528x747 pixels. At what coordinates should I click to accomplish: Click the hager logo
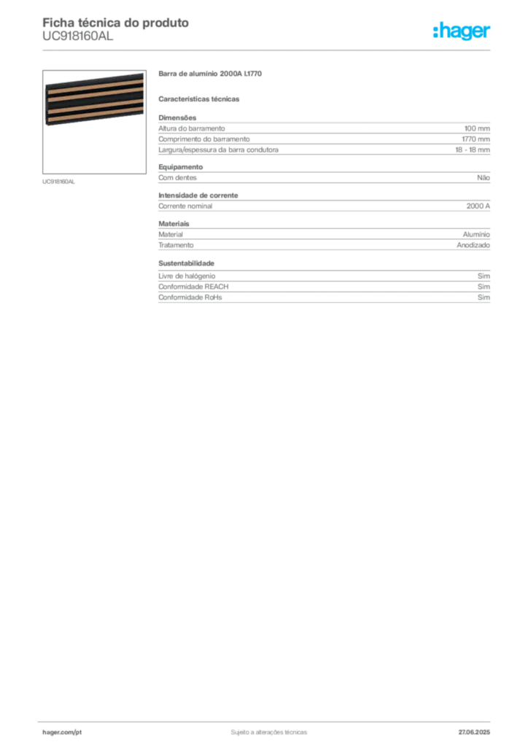462,31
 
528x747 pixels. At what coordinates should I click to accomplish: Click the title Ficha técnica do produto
116,23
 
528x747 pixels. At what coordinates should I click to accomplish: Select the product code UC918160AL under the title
77,36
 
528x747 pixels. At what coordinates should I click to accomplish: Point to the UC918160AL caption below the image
58,182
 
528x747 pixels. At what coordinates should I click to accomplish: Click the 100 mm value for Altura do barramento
477,128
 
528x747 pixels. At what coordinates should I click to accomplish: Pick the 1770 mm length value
475,139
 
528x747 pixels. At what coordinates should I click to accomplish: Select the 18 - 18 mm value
473,150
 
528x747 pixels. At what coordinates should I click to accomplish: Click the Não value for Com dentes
484,178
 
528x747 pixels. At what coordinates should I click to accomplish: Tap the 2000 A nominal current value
478,206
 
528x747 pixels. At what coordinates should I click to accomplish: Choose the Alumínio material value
476,234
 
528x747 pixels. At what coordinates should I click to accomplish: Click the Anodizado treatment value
473,245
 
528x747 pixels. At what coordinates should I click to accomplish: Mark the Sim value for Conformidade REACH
484,287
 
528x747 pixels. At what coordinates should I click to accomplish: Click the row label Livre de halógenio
187,276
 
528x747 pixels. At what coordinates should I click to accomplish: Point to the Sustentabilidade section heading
186,263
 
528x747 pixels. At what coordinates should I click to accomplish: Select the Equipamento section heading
180,167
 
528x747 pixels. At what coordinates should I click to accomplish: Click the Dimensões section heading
177,117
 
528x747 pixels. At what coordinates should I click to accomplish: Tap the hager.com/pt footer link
62,732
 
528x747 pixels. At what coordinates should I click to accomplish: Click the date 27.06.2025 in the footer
474,732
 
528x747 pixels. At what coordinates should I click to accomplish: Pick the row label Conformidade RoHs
190,298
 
